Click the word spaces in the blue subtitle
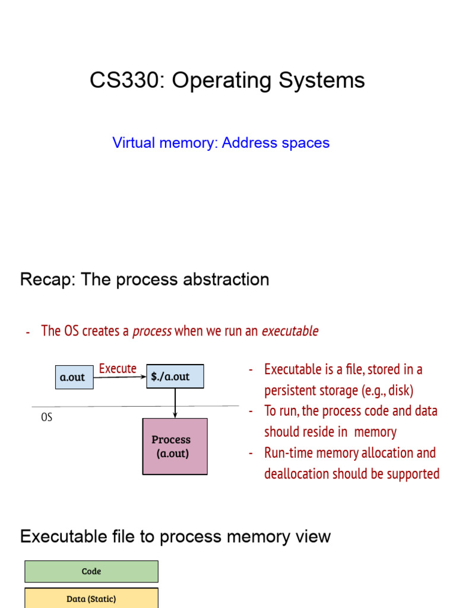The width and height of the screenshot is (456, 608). pos(304,143)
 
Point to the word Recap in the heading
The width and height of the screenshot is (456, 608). pos(42,280)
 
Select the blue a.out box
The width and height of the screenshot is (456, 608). pos(74,377)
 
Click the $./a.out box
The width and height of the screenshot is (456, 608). pos(175,377)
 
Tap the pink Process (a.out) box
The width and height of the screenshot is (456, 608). pos(175,446)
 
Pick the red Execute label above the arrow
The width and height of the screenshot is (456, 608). pos(118,369)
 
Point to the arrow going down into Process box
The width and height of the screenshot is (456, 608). pos(175,404)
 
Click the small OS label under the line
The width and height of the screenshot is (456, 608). pos(46,417)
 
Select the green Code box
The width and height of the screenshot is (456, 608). pos(91,571)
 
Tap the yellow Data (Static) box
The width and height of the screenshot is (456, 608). pos(91,598)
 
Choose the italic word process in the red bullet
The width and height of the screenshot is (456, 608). pos(152,331)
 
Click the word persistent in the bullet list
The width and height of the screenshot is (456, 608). pos(292,391)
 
